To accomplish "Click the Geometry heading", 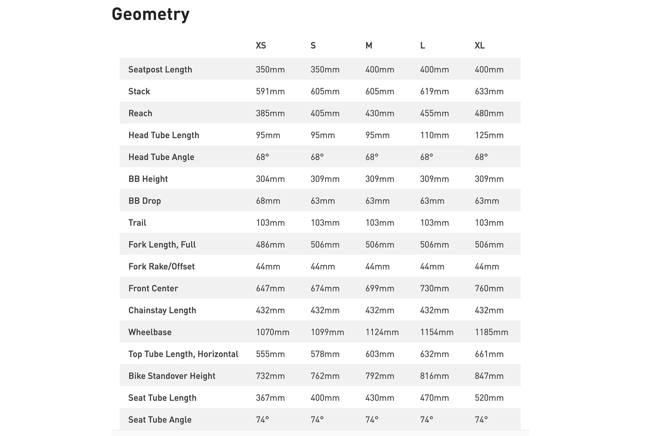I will click(x=150, y=14).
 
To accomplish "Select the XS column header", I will click(x=261, y=45).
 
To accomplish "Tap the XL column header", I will click(x=480, y=45).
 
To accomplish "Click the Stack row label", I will click(x=139, y=91).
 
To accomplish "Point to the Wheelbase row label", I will click(x=150, y=332).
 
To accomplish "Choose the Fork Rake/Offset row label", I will click(x=161, y=266).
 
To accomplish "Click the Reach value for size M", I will click(x=380, y=113).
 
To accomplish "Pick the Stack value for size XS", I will click(x=270, y=91).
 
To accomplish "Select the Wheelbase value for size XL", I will click(x=491, y=332).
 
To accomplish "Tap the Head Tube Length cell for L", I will click(x=434, y=135).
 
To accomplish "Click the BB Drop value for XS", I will click(x=268, y=201).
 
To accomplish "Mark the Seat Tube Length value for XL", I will click(x=489, y=398).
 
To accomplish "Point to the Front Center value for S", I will click(x=325, y=288).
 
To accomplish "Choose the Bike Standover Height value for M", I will click(x=380, y=376).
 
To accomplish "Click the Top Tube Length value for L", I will click(x=434, y=354).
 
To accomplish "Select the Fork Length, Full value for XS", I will click(x=270, y=244).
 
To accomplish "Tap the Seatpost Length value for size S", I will click(x=325, y=69).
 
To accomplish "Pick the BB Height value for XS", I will click(x=270, y=179).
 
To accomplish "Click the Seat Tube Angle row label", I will click(x=160, y=419).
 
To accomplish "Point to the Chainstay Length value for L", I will click(x=434, y=310).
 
